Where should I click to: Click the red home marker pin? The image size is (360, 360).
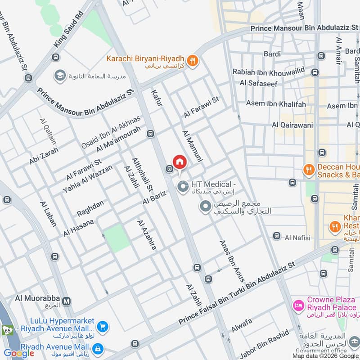coord(180,162)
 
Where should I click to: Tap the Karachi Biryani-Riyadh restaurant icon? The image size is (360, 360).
coord(193,61)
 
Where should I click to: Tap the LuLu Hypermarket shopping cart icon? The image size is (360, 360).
coord(103,327)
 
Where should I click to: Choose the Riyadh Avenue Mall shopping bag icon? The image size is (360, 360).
coord(97,348)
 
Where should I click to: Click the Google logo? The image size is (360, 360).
coord(19,353)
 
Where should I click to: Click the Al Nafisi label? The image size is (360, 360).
coord(297,237)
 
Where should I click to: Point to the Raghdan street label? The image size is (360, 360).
coord(90,208)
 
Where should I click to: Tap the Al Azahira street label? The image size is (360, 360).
coord(147,234)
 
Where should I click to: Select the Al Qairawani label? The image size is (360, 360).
coord(292,125)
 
